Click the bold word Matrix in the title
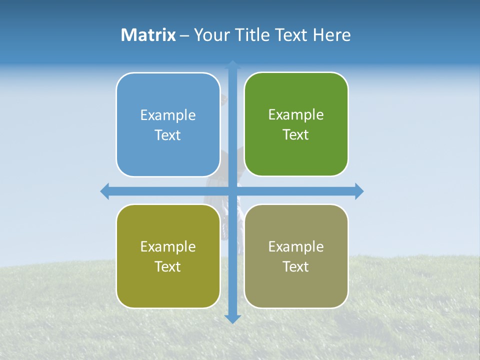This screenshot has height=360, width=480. pyautogui.click(x=148, y=35)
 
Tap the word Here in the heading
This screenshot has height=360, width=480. pyautogui.click(x=331, y=35)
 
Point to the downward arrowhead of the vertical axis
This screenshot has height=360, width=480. pyautogui.click(x=232, y=319)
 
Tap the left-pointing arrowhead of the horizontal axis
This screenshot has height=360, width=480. pyautogui.click(x=105, y=191)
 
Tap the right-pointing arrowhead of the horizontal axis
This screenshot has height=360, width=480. pyautogui.click(x=359, y=191)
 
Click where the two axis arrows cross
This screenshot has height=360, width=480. pyautogui.click(x=232, y=191)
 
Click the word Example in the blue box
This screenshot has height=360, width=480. pyautogui.click(x=168, y=115)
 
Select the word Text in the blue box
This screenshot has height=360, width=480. pyautogui.click(x=168, y=135)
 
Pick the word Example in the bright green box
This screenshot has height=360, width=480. pyautogui.click(x=296, y=114)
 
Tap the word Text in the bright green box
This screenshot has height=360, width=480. pyautogui.click(x=296, y=134)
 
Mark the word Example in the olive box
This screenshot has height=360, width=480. pyautogui.click(x=168, y=246)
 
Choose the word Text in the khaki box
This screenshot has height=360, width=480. pyautogui.click(x=296, y=266)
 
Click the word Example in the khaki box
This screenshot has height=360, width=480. pyautogui.click(x=296, y=246)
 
